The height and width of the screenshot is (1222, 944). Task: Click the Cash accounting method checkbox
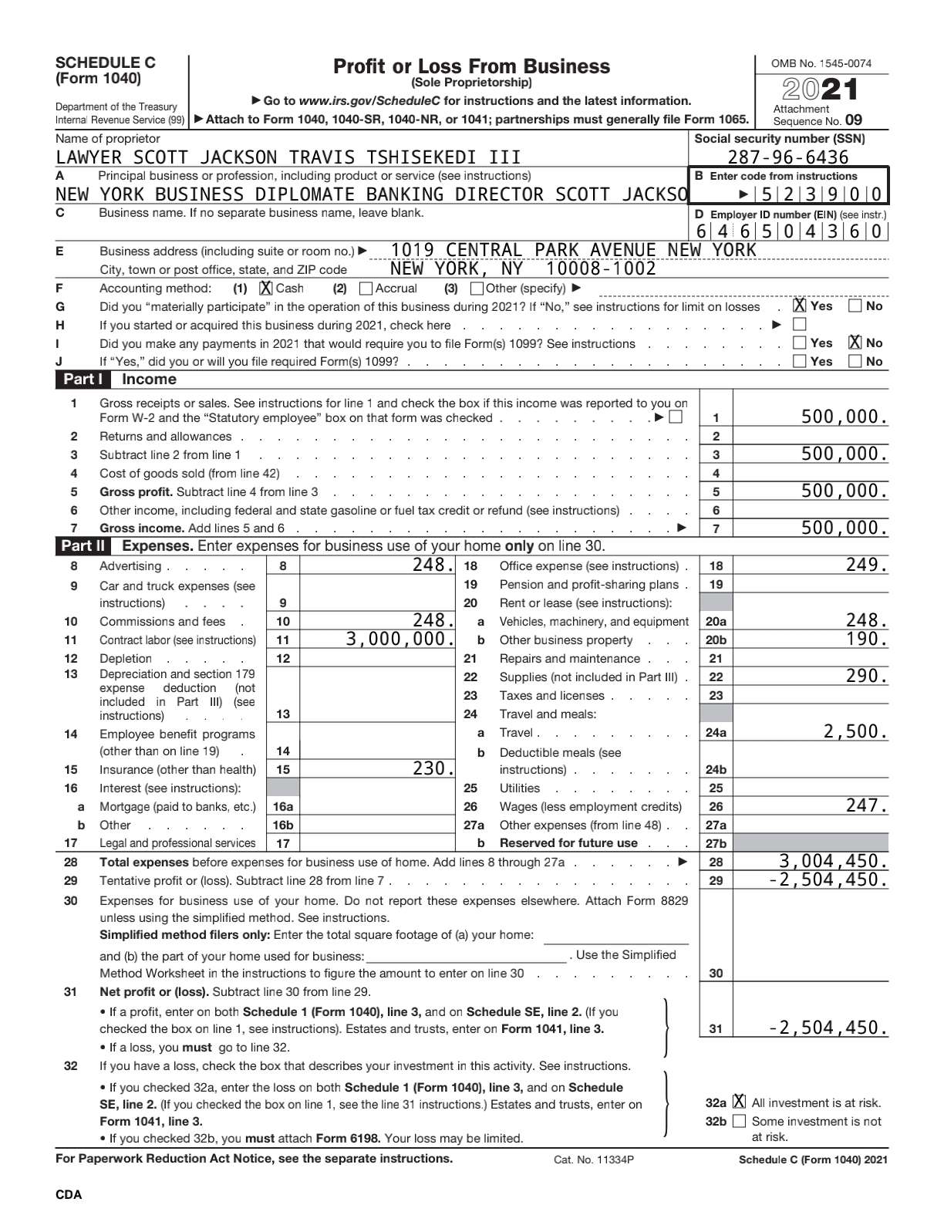coord(266,289)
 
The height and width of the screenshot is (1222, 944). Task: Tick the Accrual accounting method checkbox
coord(366,289)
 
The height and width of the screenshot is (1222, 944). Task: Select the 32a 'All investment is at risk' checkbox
coord(740,1102)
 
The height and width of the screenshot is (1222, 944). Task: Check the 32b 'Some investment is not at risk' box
coord(740,1121)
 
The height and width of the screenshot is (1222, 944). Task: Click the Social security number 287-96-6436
coord(788,158)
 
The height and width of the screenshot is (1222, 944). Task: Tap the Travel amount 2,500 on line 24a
coord(855,731)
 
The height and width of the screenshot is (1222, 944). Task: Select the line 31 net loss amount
coord(828,1028)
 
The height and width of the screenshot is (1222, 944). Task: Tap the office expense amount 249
coord(866,565)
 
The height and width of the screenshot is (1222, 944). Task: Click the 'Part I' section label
coord(78,380)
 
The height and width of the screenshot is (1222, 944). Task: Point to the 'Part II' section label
coord(81,546)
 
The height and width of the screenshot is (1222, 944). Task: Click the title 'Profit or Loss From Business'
coord(471,67)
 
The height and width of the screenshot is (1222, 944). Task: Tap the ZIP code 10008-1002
coord(601,269)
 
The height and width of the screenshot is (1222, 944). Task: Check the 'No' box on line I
coord(855,343)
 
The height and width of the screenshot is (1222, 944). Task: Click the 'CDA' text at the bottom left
coord(69,1195)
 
